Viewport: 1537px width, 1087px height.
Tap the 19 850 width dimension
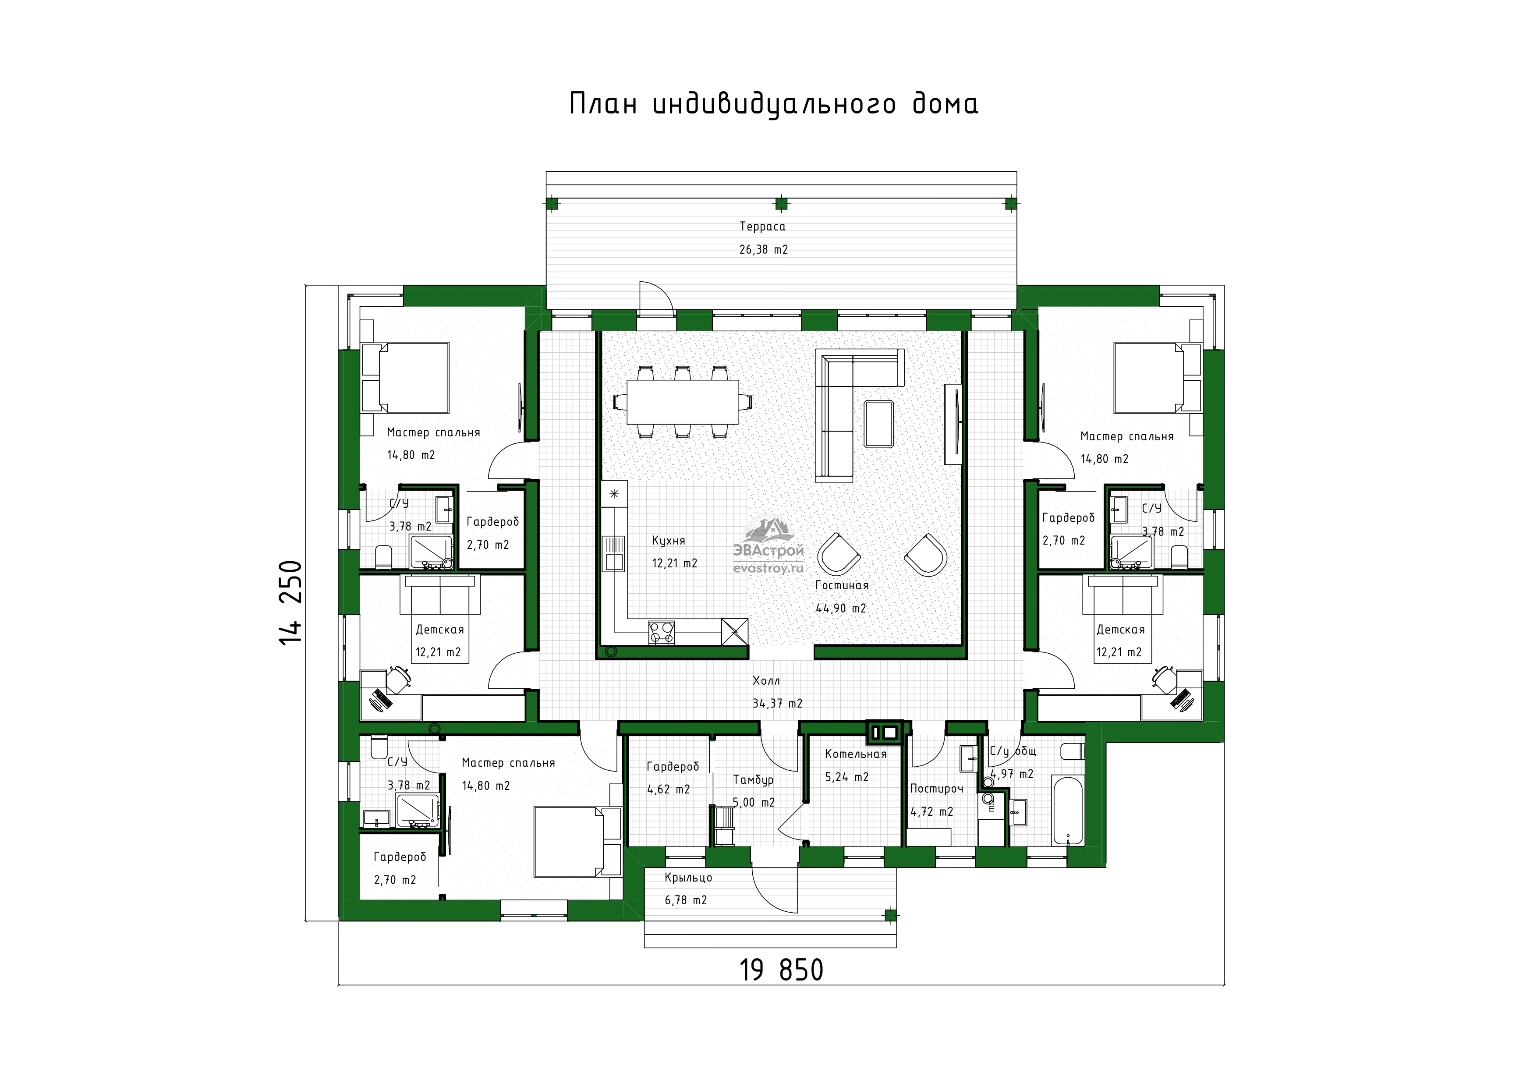(781, 970)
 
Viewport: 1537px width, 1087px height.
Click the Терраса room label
(762, 227)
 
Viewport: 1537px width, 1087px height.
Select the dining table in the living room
(683, 402)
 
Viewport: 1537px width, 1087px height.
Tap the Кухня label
(669, 541)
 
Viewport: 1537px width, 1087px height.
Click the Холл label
(766, 681)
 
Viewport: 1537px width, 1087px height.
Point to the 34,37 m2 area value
(777, 704)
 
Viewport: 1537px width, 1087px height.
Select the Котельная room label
(856, 754)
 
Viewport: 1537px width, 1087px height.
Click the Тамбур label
(753, 780)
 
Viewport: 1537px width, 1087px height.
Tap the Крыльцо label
(688, 878)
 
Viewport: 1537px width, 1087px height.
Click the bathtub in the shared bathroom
(1067, 810)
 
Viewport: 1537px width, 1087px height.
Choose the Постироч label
(936, 789)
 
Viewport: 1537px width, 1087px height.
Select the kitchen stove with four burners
(662, 633)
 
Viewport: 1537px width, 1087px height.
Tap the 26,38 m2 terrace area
(764, 250)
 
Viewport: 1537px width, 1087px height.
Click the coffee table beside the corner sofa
(878, 424)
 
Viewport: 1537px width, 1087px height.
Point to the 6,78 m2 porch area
(686, 900)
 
